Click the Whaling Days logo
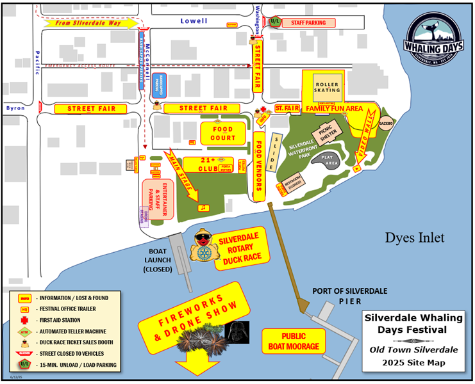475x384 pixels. [x=431, y=40]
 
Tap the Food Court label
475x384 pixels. [x=219, y=133]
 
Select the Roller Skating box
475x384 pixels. [x=327, y=87]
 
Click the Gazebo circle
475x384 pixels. [x=385, y=124]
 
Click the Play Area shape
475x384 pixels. [x=328, y=160]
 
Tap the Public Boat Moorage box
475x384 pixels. [x=294, y=341]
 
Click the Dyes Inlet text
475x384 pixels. [x=414, y=238]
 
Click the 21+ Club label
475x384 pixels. [x=207, y=164]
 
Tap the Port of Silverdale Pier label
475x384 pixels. [x=349, y=295]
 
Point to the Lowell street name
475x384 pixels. [x=194, y=21]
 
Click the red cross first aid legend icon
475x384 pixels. [x=25, y=319]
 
